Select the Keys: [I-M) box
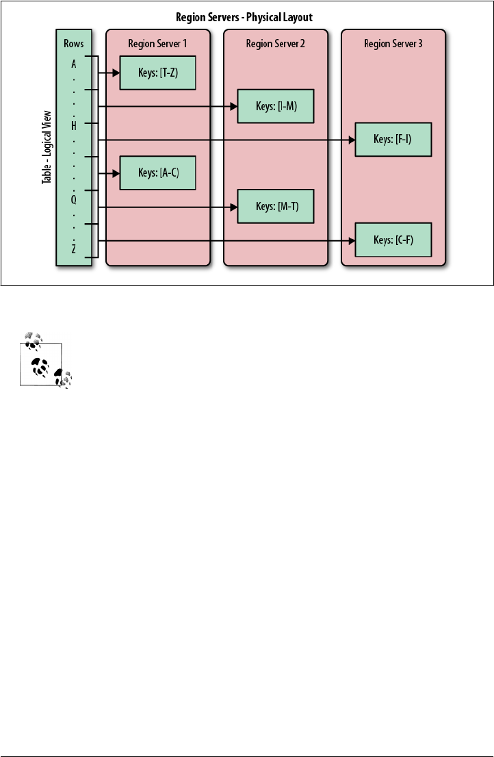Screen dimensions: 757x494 point(276,106)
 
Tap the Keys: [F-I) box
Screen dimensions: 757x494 point(393,139)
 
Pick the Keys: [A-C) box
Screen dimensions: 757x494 point(158,172)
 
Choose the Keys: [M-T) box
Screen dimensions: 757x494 point(276,206)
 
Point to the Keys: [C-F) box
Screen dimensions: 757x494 point(393,240)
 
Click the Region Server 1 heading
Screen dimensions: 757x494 point(157,44)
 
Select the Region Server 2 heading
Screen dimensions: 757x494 point(275,44)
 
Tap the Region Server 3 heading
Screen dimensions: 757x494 point(393,44)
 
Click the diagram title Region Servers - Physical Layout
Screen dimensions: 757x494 point(244,16)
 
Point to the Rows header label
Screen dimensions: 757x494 point(73,44)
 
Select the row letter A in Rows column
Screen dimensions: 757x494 point(74,63)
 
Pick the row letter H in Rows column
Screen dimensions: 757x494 point(74,125)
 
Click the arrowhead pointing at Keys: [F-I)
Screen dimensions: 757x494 point(352,140)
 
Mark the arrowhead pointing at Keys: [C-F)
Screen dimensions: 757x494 point(352,240)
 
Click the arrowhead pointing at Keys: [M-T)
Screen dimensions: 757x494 point(234,207)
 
